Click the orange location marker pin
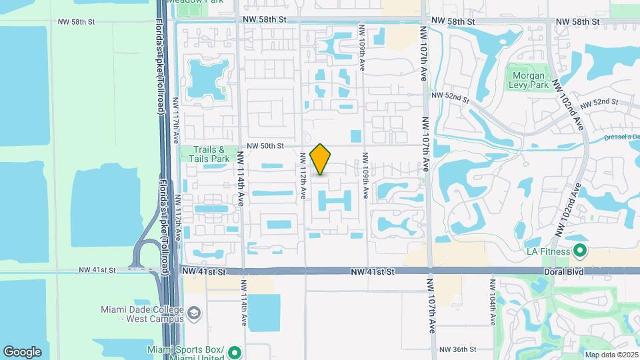321,159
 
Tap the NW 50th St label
265,145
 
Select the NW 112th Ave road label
303,175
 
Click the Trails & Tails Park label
211,155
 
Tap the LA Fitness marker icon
579,251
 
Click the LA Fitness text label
548,251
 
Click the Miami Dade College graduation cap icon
193,313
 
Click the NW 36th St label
457,349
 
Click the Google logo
22,351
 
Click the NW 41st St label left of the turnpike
97,270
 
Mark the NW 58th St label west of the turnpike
77,22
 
